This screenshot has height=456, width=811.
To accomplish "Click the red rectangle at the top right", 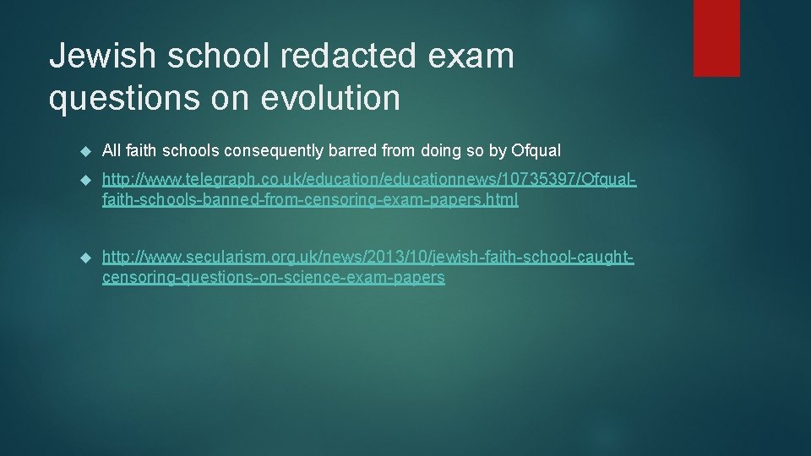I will coord(716,38).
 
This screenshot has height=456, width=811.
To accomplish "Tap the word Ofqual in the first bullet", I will coord(536,151).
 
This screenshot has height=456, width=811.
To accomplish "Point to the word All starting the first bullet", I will coord(112,151).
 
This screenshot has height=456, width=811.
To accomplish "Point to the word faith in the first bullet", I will coord(143,151).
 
